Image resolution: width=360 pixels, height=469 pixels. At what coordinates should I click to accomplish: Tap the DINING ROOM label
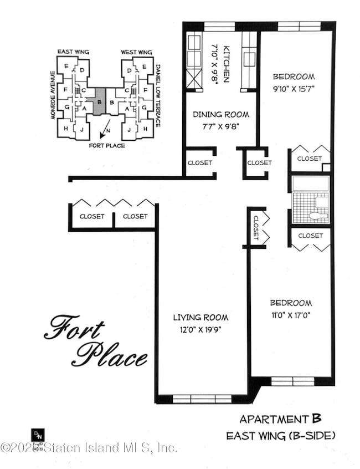tap(220, 115)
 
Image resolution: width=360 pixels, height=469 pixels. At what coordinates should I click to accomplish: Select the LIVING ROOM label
tap(200, 318)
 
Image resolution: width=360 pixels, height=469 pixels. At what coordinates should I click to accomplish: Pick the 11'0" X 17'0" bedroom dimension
tap(291, 314)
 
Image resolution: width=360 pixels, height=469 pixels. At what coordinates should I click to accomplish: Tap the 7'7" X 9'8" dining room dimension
tap(220, 125)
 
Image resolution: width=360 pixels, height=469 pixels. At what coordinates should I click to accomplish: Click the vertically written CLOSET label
tap(256, 227)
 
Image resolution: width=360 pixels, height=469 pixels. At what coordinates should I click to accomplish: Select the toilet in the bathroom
tap(318, 215)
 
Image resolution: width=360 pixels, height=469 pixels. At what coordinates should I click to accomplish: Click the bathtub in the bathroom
tap(310, 184)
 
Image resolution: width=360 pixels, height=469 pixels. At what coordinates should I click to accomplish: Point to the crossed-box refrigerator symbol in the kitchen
tap(194, 80)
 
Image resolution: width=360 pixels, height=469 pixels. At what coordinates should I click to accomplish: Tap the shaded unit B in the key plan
tap(99, 102)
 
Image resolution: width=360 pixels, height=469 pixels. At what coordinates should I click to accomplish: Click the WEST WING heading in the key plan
tap(136, 53)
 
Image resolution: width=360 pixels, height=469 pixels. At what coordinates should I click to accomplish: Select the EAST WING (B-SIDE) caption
tap(280, 436)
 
